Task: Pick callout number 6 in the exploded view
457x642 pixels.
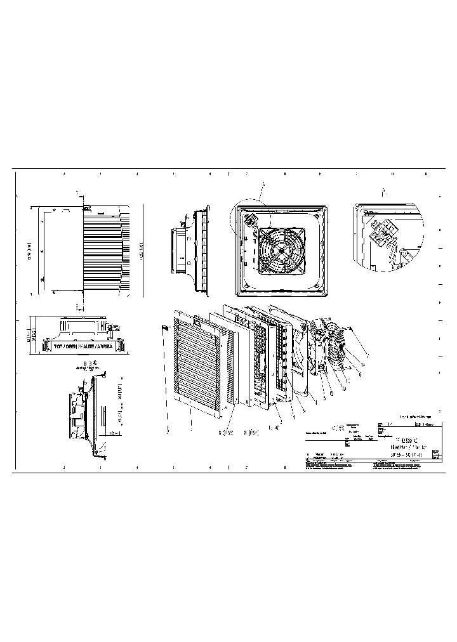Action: [x=360, y=374]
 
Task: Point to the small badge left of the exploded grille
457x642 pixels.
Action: [x=165, y=328]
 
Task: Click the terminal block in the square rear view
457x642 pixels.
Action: [x=249, y=219]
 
